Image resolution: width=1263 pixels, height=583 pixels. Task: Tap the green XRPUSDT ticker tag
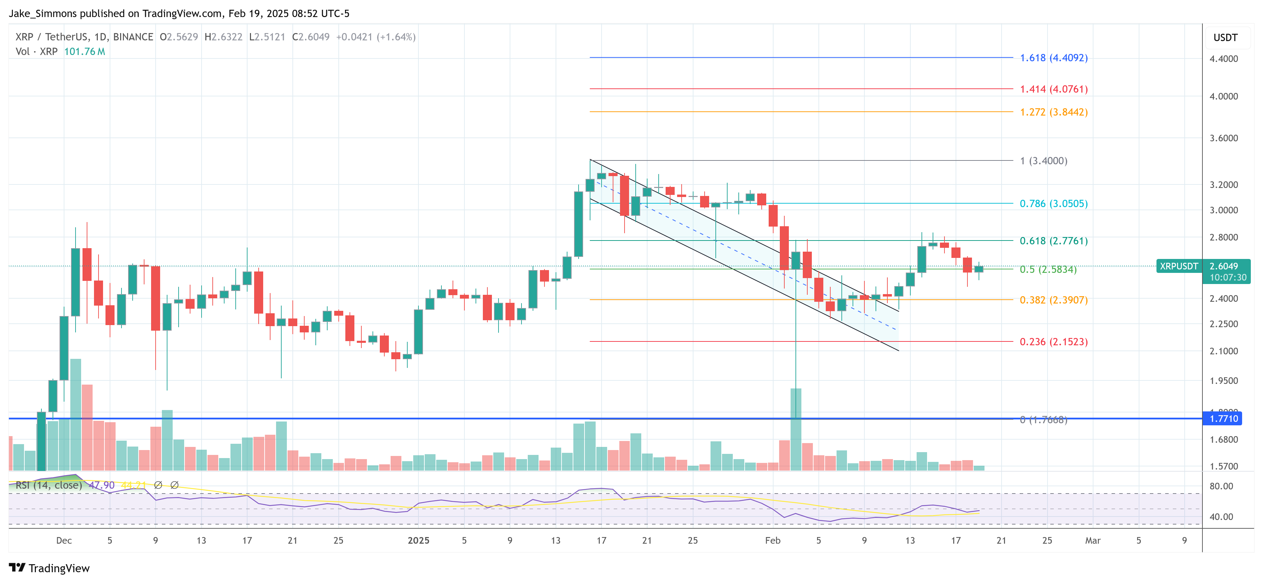tap(1179, 266)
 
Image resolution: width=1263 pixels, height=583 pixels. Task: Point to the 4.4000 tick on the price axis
tap(1223, 59)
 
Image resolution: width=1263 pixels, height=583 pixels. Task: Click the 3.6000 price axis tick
tap(1223, 138)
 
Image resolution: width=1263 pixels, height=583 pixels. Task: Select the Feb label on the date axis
tap(773, 540)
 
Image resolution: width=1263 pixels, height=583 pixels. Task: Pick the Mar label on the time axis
tap(1092, 540)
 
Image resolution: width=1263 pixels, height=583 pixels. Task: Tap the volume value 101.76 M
tap(84, 52)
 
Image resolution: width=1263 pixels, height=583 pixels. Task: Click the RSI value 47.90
tap(102, 485)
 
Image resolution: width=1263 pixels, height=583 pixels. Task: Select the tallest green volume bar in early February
tap(796, 429)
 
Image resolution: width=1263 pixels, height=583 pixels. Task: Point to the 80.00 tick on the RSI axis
tap(1221, 486)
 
